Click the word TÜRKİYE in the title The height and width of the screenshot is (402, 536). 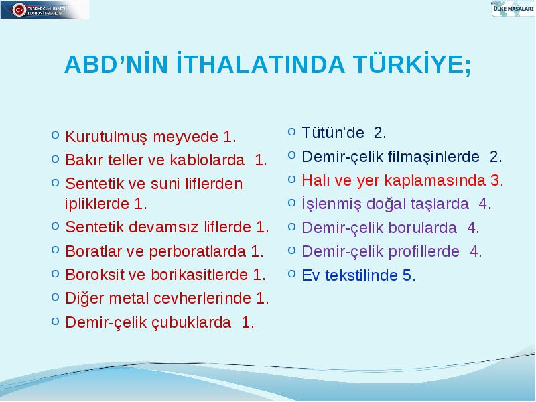[412, 64]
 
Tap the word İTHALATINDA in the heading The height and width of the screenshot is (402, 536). [261, 63]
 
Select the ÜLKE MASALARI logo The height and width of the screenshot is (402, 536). [513, 9]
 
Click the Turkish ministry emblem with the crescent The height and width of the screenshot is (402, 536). [19, 10]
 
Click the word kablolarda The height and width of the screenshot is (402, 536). [207, 160]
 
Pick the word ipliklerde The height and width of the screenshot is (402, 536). [96, 204]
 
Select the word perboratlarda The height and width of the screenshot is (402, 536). [197, 252]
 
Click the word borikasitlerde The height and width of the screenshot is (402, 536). [199, 275]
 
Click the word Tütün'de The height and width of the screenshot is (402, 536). [332, 133]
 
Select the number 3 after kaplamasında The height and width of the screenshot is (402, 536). [495, 180]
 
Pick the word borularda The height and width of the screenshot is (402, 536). [405, 228]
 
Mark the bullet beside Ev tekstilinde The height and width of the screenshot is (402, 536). [291, 273]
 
